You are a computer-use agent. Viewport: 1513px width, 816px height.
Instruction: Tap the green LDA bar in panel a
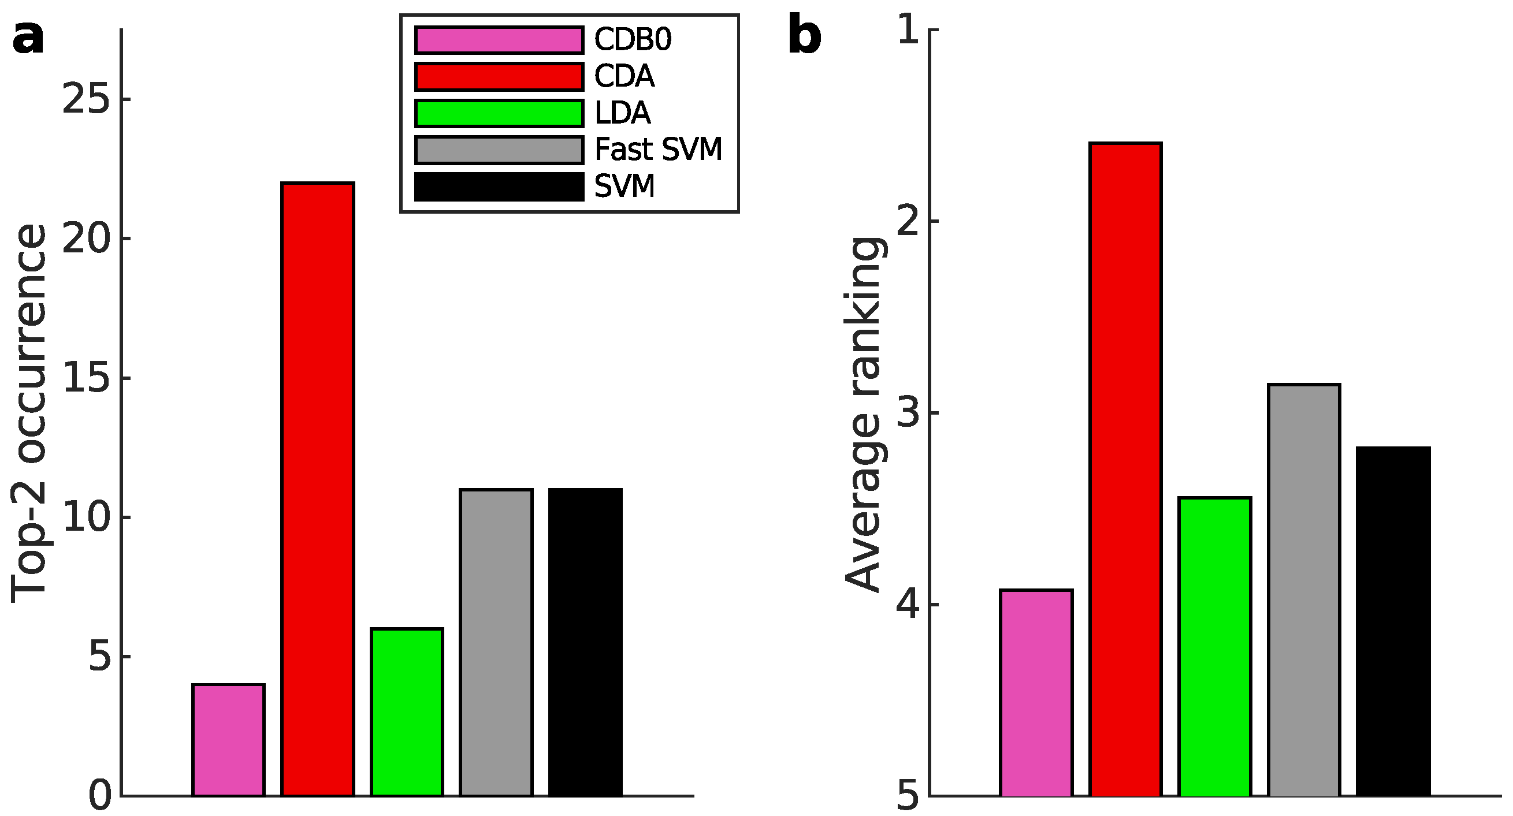pos(407,712)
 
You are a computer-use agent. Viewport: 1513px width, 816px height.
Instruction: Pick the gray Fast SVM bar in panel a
pos(496,642)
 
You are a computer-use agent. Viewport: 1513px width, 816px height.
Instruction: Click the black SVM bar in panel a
pos(585,642)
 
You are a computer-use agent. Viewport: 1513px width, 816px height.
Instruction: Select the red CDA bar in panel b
pos(1125,470)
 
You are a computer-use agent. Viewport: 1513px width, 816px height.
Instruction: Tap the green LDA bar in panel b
pos(1215,646)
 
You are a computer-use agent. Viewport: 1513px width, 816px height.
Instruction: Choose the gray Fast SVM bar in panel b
pos(1304,590)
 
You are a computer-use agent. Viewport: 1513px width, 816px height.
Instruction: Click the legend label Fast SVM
pos(658,150)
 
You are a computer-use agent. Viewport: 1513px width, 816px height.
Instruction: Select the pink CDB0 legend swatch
pos(499,40)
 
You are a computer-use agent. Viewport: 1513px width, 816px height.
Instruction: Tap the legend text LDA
pos(623,113)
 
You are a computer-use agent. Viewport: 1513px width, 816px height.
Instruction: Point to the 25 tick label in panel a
pos(86,99)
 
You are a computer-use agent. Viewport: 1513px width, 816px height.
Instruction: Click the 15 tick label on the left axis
pos(86,378)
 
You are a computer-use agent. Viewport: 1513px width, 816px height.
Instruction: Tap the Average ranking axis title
pos(864,414)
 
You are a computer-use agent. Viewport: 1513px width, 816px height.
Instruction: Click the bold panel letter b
pos(804,36)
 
